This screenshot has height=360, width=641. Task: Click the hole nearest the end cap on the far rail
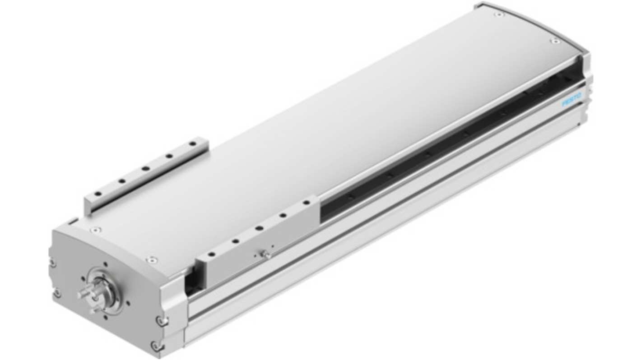tap(98, 194)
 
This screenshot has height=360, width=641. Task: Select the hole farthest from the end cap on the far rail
tap(194, 143)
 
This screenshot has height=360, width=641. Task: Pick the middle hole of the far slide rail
tap(146, 168)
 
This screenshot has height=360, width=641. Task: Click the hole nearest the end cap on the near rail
tap(212, 254)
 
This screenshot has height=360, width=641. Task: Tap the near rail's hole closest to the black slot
tap(307, 203)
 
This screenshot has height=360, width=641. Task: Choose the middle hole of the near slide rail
tap(259, 228)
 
